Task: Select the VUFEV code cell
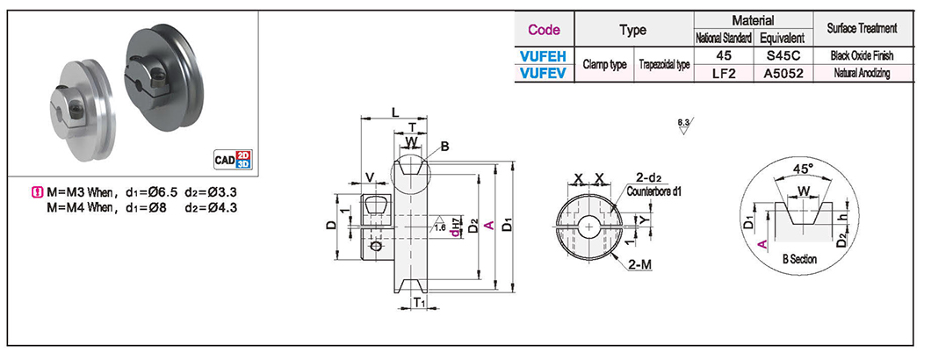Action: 544,74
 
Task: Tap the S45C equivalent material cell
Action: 780,55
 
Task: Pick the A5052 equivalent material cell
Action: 780,74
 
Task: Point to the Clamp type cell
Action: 604,65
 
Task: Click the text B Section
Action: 799,260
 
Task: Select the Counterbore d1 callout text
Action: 654,190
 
